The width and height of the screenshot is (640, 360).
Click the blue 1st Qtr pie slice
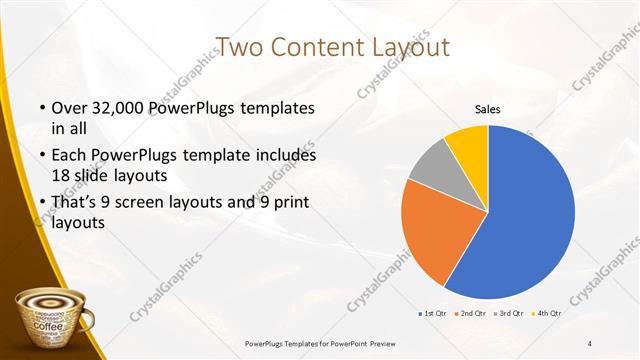530,210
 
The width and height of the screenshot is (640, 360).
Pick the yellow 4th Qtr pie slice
469,143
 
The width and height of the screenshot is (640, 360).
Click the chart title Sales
487,109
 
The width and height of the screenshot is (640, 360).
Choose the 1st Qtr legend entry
432,315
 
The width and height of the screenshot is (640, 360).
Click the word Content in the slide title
312,47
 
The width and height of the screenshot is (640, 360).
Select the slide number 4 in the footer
590,344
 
